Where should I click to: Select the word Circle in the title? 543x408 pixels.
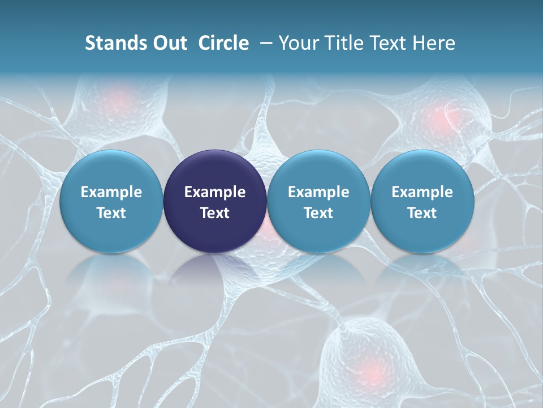pyautogui.click(x=223, y=43)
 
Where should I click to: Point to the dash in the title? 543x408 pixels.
pyautogui.click(x=265, y=43)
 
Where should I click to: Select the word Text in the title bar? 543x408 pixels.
pyautogui.click(x=390, y=43)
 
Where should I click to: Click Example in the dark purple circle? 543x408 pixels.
pyautogui.click(x=215, y=192)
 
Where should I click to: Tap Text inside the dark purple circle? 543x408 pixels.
pyautogui.click(x=215, y=213)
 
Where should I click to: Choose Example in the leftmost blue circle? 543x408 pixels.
pyautogui.click(x=111, y=192)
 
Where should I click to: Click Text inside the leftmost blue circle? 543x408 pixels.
pyautogui.click(x=111, y=213)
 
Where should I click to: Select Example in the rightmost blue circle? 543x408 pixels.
pyautogui.click(x=423, y=192)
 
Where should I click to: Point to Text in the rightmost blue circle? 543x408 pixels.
pyautogui.click(x=423, y=213)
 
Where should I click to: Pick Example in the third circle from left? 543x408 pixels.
pyautogui.click(x=318, y=192)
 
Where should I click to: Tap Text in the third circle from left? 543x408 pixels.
pyautogui.click(x=318, y=213)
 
